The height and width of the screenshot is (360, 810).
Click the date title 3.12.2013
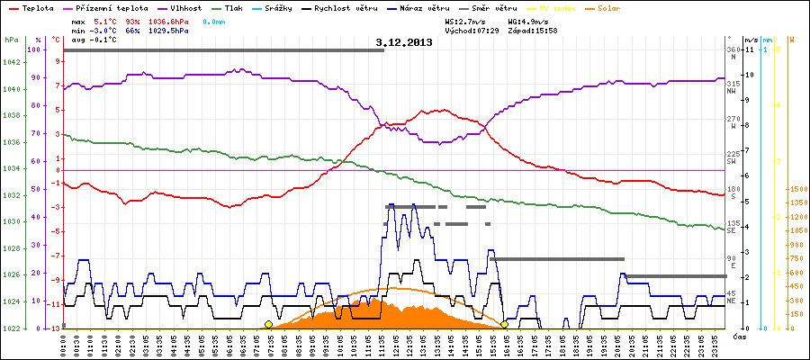404,41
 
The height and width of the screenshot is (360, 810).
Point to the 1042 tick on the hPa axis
12,62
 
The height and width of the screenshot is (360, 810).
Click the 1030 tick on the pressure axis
12,221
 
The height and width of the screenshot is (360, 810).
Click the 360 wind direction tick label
732,49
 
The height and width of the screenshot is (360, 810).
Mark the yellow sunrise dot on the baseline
268,324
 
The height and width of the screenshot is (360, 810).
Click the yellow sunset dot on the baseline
505,324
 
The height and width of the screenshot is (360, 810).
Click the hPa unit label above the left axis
10,40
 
